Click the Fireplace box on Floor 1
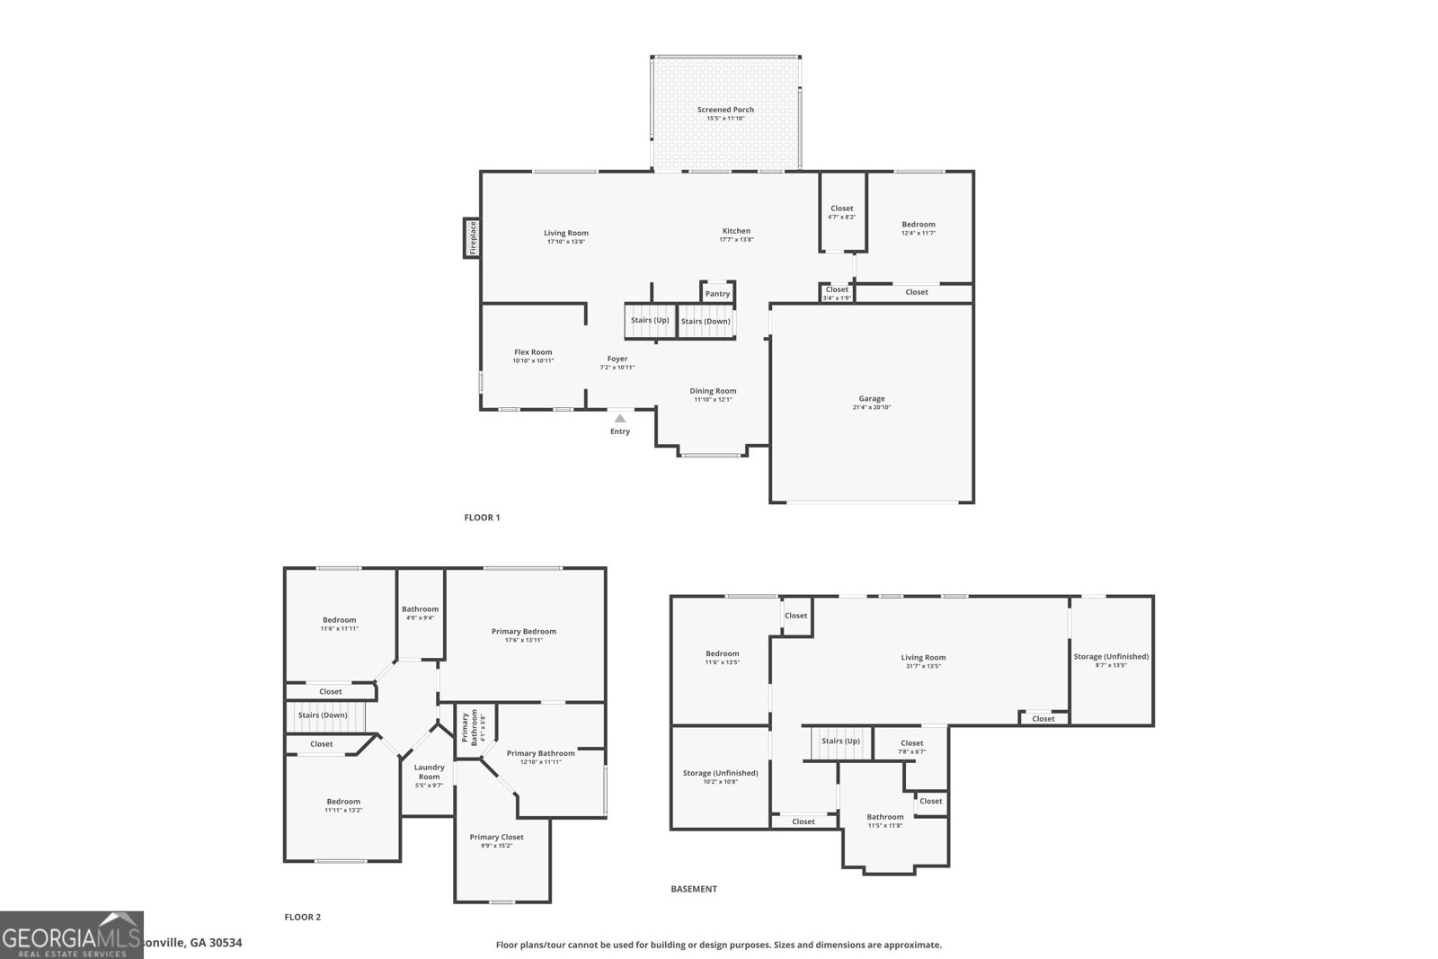pyautogui.click(x=472, y=238)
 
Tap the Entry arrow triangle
pyautogui.click(x=620, y=418)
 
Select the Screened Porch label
pyautogui.click(x=725, y=110)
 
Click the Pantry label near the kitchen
pyautogui.click(x=717, y=294)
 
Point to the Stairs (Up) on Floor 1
pyautogui.click(x=649, y=320)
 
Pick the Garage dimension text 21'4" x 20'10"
pyautogui.click(x=871, y=407)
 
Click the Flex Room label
pyautogui.click(x=533, y=352)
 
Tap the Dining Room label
pyautogui.click(x=713, y=391)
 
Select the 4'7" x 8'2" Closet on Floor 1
pyautogui.click(x=842, y=211)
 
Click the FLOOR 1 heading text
pyautogui.click(x=482, y=518)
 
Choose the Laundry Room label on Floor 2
pyautogui.click(x=429, y=772)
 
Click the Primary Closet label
pyautogui.click(x=496, y=837)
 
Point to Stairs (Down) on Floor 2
pyautogui.click(x=322, y=715)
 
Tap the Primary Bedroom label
pyautogui.click(x=523, y=631)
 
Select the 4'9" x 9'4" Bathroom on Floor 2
pyautogui.click(x=420, y=612)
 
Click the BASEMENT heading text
pyautogui.click(x=694, y=889)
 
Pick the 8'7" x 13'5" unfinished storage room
pyautogui.click(x=1111, y=660)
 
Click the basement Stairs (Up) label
pyautogui.click(x=840, y=741)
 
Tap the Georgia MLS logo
pyautogui.click(x=72, y=935)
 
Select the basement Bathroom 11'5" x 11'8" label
pyautogui.click(x=885, y=817)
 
